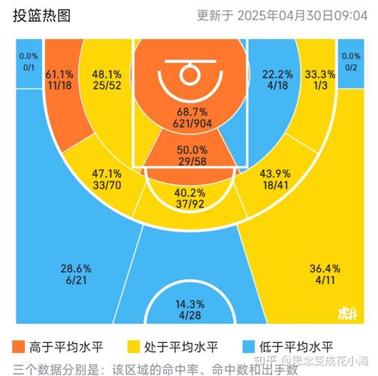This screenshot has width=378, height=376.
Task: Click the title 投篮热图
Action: (41, 15)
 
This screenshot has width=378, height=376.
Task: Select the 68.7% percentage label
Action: (189, 111)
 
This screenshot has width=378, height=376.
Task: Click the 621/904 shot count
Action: (189, 123)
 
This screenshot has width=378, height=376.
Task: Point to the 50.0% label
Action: (189, 149)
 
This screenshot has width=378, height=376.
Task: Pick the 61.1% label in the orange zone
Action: (59, 75)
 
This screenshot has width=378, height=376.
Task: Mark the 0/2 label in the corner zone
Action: (350, 67)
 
